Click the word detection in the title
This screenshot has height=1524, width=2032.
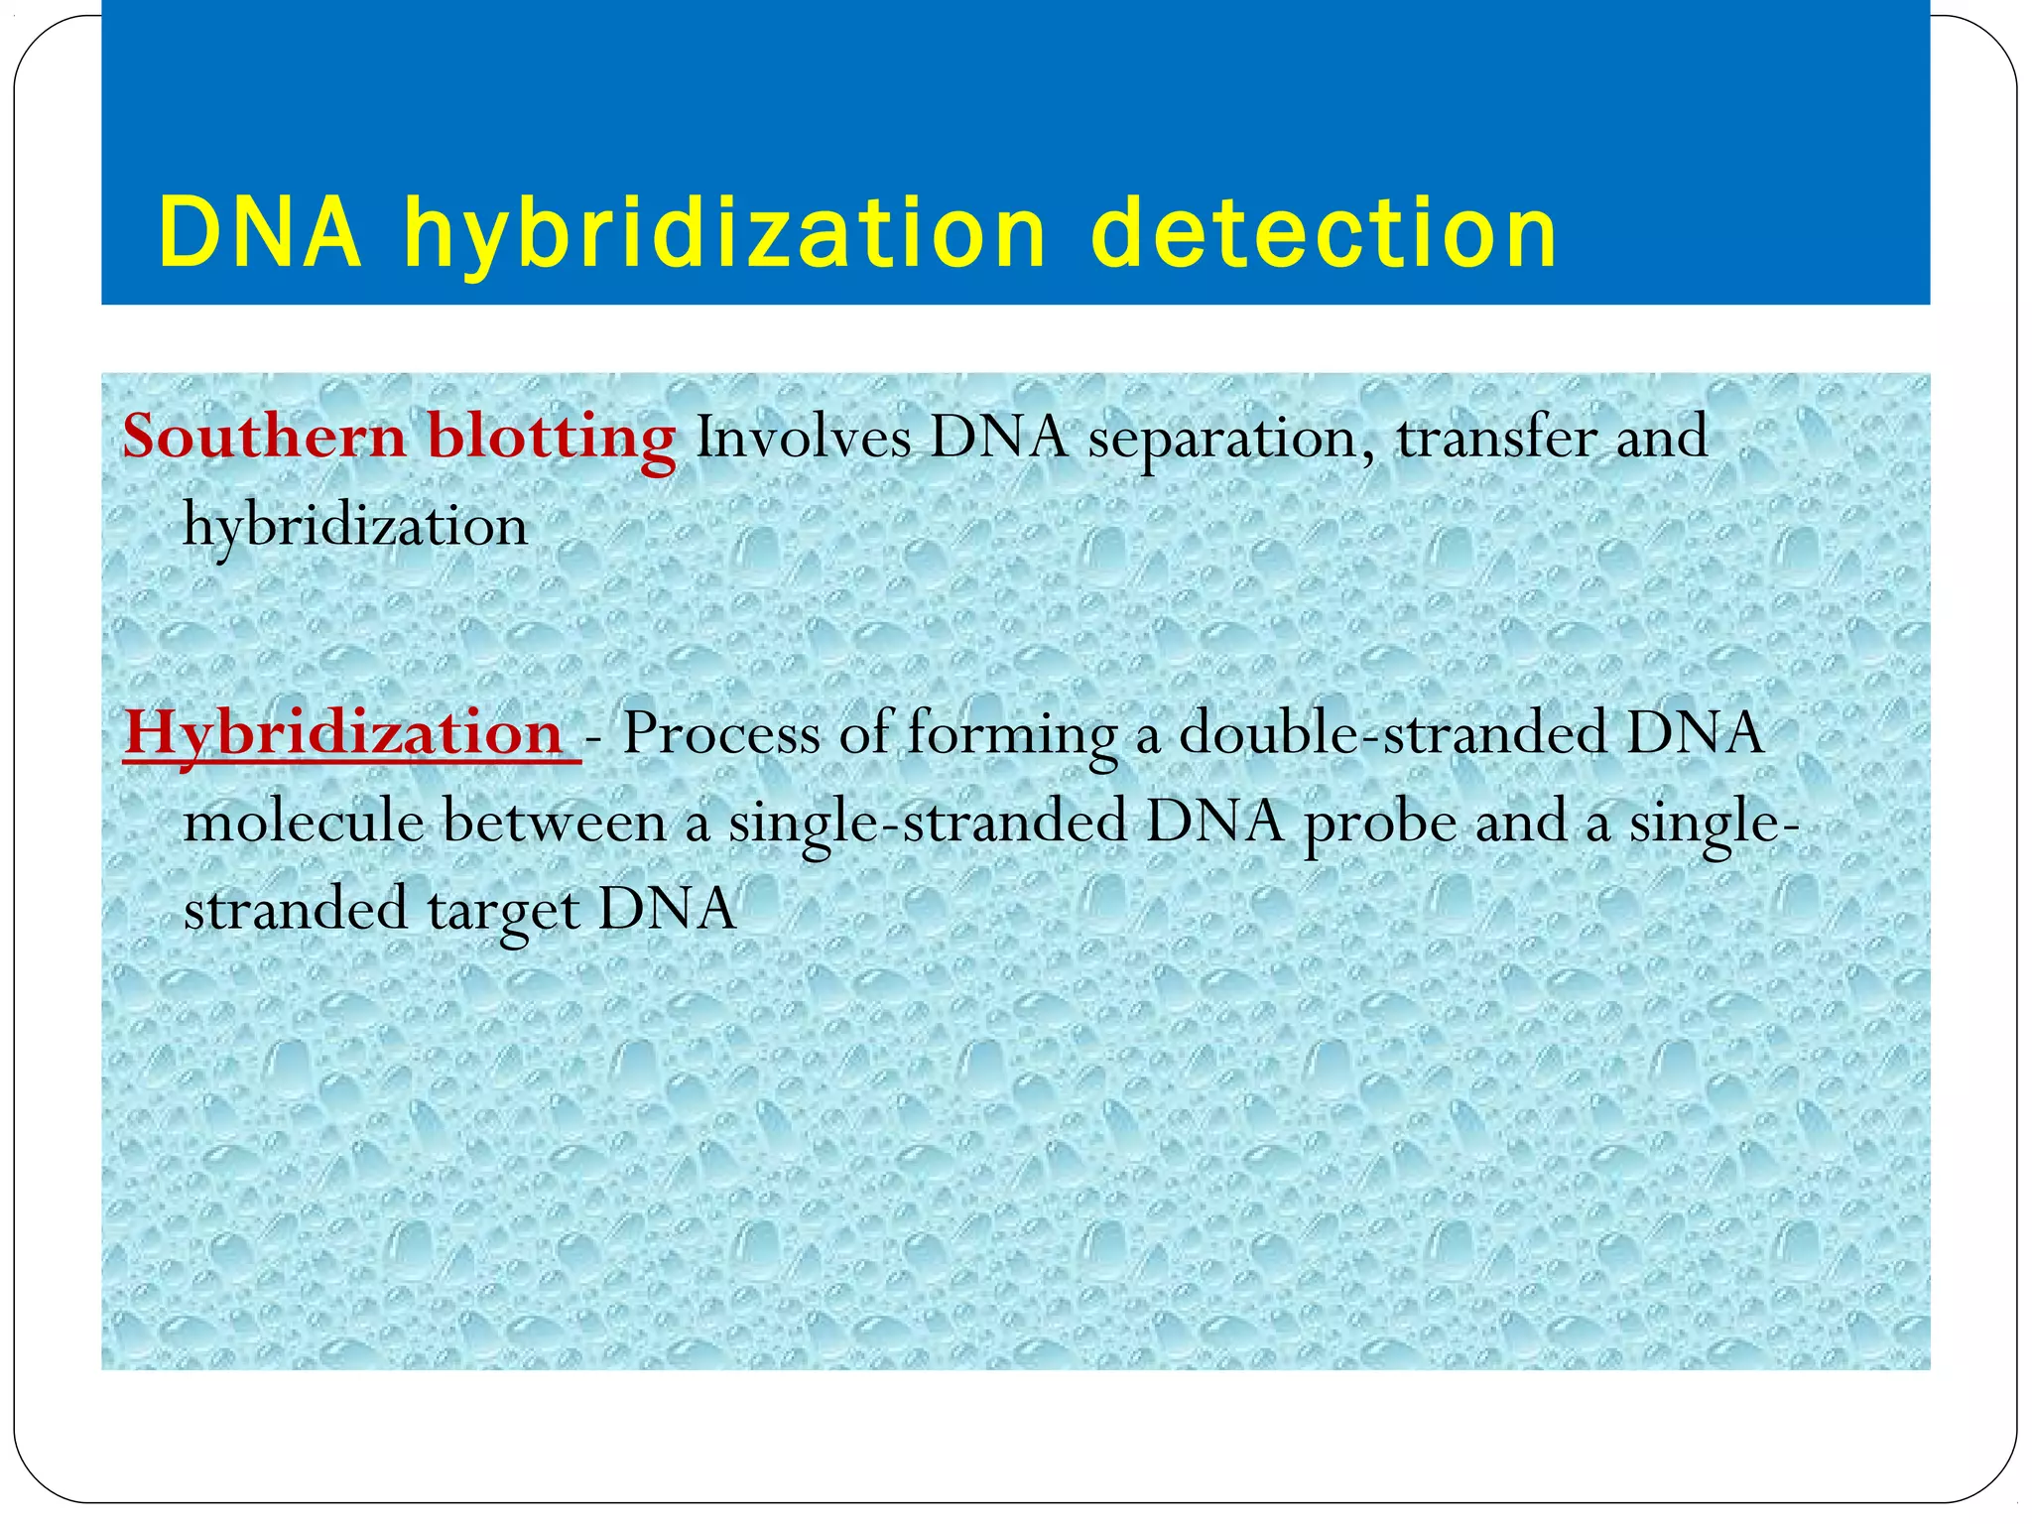(1324, 233)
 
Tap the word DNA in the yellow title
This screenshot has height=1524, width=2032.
(260, 233)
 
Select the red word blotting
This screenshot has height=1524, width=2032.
(552, 439)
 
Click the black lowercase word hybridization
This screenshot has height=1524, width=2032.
(355, 526)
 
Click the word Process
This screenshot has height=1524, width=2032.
(721, 734)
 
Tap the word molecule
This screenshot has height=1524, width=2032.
(304, 822)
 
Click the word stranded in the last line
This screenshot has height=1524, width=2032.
(296, 909)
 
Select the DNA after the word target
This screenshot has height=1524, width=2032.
(668, 909)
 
